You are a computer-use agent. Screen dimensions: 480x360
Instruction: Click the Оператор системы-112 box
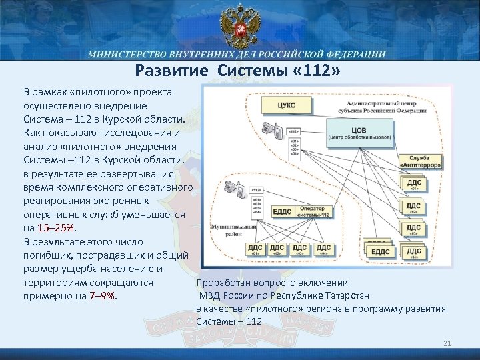point(314,211)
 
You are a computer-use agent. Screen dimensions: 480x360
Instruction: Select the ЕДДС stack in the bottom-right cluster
point(381,251)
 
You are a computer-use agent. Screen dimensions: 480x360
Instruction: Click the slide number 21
point(447,343)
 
